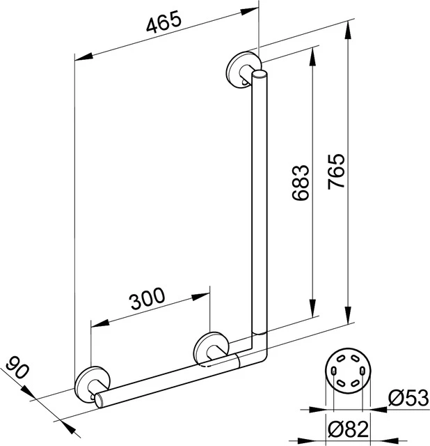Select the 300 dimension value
pos(147,299)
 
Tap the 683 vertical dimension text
pos(300,183)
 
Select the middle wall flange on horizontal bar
pos(209,348)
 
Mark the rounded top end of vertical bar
pos(260,75)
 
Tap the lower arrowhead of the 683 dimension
pos(314,313)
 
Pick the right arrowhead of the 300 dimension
pos(204,295)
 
